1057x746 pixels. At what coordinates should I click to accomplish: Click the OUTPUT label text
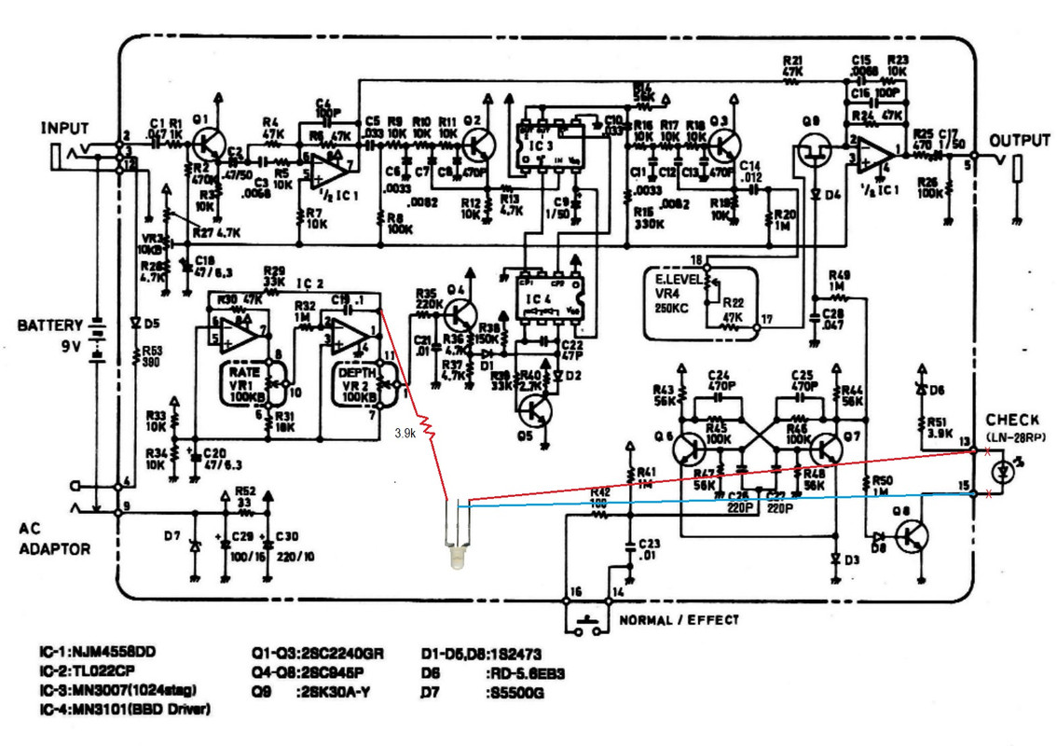1020,140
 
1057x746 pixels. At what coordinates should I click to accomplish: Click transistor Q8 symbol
911,538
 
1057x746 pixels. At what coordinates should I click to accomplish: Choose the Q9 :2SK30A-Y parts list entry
317,691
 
